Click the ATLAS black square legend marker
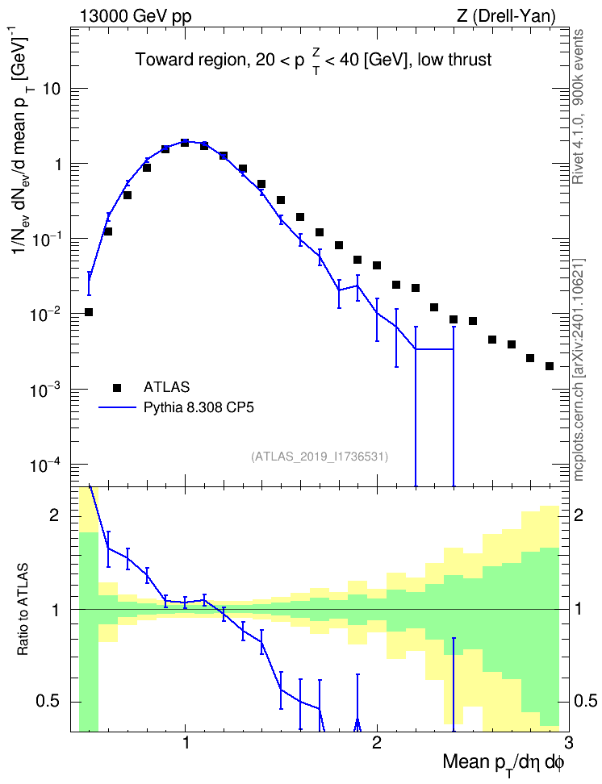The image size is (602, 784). point(117,387)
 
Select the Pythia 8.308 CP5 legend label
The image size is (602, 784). point(199,407)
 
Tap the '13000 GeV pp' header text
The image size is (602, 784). point(135,16)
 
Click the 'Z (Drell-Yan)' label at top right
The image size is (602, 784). point(506,16)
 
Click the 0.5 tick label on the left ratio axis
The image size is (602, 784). point(47,702)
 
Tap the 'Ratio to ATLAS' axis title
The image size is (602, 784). point(22,610)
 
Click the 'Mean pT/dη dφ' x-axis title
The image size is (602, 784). point(504,762)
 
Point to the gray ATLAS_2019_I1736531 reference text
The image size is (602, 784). point(320,456)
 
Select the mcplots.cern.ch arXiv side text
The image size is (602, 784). point(579,369)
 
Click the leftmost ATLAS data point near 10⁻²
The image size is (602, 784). point(89,312)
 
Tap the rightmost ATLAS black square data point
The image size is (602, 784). point(549,366)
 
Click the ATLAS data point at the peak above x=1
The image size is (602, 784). point(185,143)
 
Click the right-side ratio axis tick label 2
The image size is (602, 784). point(579,515)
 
